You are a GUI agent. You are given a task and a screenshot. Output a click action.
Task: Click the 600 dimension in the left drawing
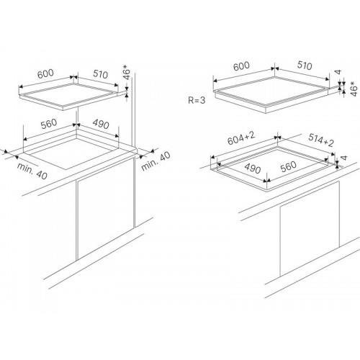pyautogui.click(x=45, y=73)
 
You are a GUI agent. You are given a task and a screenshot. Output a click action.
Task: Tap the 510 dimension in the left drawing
pyautogui.click(x=101, y=74)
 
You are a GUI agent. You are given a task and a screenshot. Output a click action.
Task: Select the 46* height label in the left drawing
pyautogui.click(x=127, y=72)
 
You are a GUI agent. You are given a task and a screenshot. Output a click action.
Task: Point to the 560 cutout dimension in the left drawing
pyautogui.click(x=49, y=124)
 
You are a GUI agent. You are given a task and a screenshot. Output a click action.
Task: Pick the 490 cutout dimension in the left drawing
pyautogui.click(x=101, y=124)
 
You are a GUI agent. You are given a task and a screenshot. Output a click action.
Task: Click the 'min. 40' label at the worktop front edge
pyautogui.click(x=32, y=171)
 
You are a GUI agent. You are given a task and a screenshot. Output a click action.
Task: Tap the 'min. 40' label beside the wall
pyautogui.click(x=156, y=161)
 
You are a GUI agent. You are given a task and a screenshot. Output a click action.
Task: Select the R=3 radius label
pyautogui.click(x=197, y=100)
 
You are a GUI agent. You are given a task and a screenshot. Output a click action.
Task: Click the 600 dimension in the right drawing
pyautogui.click(x=241, y=66)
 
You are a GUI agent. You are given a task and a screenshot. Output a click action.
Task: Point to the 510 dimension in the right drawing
pyautogui.click(x=305, y=66)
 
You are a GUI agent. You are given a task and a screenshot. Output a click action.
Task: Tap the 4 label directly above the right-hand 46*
pyautogui.click(x=338, y=72)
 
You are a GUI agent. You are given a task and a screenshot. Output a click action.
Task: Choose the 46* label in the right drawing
pyautogui.click(x=354, y=89)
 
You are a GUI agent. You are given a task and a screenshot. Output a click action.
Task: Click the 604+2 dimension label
pyautogui.click(x=241, y=138)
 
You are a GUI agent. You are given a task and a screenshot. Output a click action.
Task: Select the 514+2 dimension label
pyautogui.click(x=321, y=140)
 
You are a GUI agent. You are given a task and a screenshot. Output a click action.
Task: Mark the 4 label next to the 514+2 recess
pyautogui.click(x=344, y=158)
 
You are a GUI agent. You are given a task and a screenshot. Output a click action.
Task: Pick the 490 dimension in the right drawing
pyautogui.click(x=252, y=168)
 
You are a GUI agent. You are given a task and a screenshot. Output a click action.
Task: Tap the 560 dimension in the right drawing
pyautogui.click(x=288, y=166)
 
